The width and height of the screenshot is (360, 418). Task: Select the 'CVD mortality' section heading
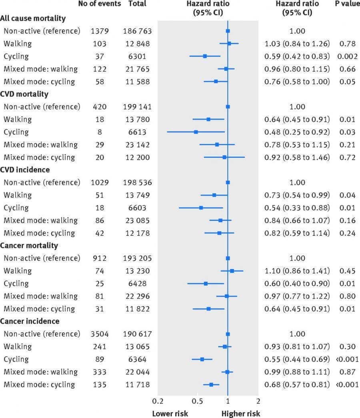(x=24, y=94)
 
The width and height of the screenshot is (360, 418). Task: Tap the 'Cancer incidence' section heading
(x=30, y=321)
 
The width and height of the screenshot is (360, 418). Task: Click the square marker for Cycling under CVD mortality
(x=196, y=132)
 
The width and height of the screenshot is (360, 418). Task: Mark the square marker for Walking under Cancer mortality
(x=232, y=271)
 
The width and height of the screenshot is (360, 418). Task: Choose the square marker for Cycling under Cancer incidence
(x=202, y=359)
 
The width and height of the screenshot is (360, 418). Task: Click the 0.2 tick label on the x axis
(x=158, y=401)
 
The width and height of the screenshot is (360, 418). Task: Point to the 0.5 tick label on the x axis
(x=197, y=401)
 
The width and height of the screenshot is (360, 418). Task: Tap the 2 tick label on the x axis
(x=258, y=401)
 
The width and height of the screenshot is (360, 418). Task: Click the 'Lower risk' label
(x=170, y=413)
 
